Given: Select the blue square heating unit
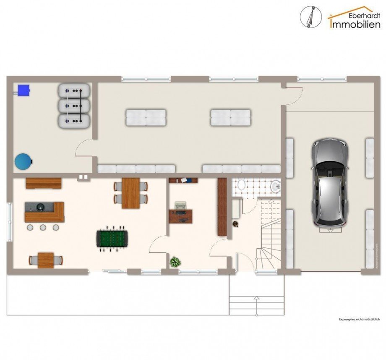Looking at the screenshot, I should coord(23,89).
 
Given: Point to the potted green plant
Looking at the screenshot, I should coord(175,262).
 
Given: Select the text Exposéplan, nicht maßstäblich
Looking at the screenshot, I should coord(359,319).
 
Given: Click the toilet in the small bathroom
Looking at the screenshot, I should coord(241,185).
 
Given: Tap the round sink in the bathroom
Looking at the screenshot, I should coord(275,186).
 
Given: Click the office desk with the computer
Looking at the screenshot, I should coord(181,215).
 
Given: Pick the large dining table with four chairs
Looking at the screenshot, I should coord(130,193).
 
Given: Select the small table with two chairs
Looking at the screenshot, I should coord(46,260).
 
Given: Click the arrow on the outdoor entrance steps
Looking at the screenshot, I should coord(256,299).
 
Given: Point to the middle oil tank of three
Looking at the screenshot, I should coord(74,105).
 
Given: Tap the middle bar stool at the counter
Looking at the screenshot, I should coord(43,227).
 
